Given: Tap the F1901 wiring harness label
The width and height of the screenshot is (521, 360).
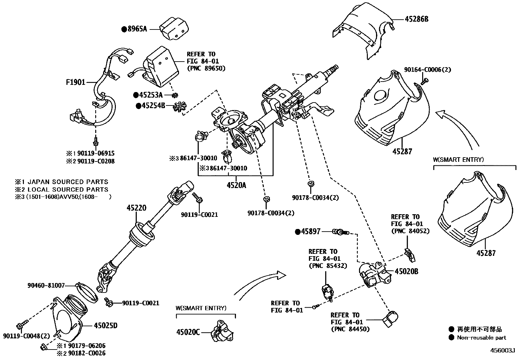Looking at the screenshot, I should [x=76, y=82].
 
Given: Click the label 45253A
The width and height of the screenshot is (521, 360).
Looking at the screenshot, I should [x=151, y=95].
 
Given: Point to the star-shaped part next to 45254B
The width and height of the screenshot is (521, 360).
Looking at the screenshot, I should [x=180, y=106].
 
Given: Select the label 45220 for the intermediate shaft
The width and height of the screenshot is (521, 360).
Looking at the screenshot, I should [x=136, y=208].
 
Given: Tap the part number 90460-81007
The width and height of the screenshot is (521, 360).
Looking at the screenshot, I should [x=46, y=285].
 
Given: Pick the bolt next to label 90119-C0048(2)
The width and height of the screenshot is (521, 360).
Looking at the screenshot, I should [x=19, y=326].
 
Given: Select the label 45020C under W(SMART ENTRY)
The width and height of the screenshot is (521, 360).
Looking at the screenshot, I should [x=188, y=332].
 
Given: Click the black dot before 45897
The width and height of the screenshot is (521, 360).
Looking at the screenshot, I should [x=297, y=232].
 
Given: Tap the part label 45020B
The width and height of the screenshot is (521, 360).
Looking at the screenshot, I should [x=406, y=271].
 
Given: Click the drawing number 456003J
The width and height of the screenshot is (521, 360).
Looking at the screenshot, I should [x=502, y=350].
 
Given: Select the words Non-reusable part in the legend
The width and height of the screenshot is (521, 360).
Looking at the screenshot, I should [x=481, y=337].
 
